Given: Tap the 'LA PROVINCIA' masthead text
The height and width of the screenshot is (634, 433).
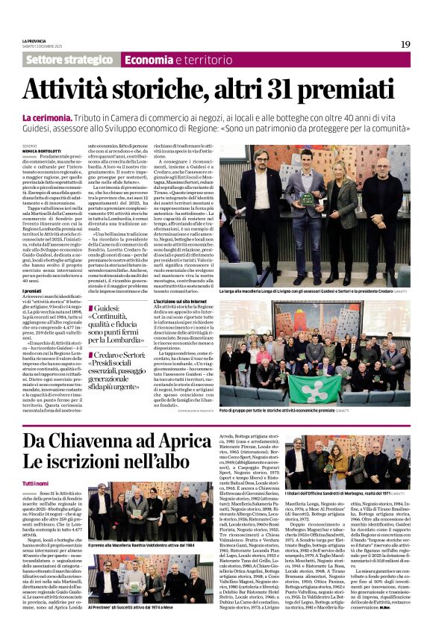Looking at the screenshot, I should click(x=35, y=41).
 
